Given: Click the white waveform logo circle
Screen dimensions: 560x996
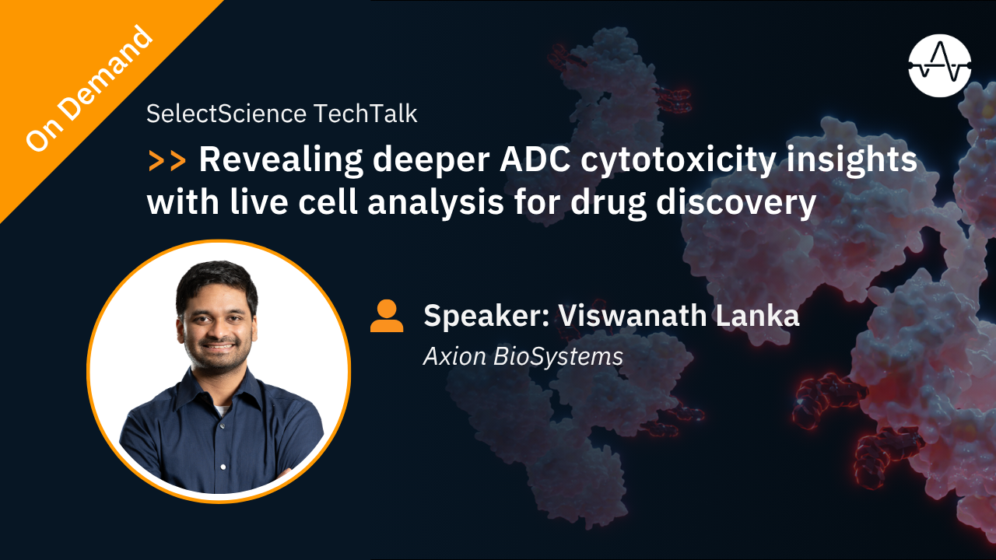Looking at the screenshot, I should coord(940,65).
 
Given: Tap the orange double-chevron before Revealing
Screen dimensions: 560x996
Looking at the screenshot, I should coord(167,160).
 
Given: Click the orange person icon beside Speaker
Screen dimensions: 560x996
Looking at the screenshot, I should coord(387,317).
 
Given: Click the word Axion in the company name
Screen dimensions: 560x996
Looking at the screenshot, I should coord(454,356).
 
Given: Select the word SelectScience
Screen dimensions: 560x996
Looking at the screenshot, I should coord(226,114).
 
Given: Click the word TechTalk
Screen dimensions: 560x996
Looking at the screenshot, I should coord(366,114).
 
